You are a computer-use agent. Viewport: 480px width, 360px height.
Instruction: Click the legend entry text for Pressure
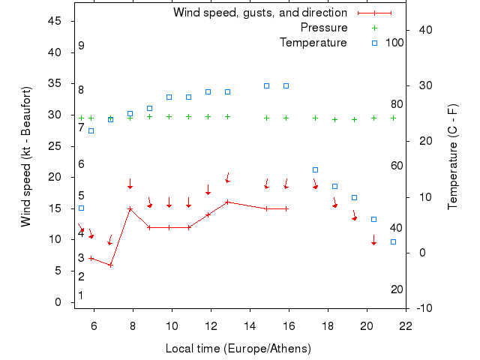(324, 28)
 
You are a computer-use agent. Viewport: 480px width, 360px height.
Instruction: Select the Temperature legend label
(313, 43)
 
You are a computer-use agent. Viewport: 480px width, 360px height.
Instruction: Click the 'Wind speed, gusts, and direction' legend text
(260, 13)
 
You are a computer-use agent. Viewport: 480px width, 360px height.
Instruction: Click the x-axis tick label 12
(211, 325)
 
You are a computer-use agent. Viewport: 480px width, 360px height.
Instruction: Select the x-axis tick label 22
(406, 325)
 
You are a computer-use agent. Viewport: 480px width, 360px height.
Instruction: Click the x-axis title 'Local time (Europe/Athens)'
(238, 349)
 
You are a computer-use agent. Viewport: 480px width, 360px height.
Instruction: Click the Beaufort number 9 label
(81, 46)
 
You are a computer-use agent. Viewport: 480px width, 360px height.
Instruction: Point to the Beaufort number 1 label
(81, 295)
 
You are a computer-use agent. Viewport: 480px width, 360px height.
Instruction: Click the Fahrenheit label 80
(397, 104)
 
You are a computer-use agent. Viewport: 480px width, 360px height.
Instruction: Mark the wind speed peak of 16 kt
(227, 202)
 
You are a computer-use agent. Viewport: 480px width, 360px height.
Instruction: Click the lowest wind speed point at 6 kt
(110, 265)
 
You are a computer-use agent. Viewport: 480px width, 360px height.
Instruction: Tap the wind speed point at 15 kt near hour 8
(130, 208)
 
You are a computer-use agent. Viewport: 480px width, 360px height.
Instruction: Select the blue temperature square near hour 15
(266, 85)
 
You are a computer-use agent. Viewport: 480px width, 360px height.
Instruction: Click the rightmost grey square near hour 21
(393, 241)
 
